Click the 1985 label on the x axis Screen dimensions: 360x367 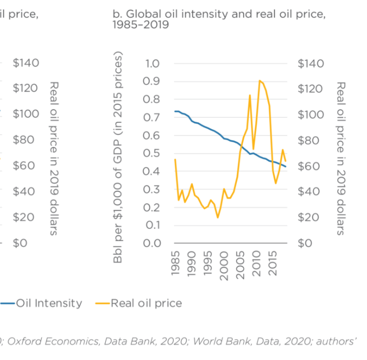click(x=175, y=262)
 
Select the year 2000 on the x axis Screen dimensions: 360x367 click(x=224, y=262)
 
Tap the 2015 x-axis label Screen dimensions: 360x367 click(x=273, y=262)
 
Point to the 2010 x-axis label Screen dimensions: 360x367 click(x=256, y=262)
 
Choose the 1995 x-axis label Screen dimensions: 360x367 click(x=207, y=262)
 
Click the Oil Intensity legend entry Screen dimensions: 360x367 click(x=49, y=303)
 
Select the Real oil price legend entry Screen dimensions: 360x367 click(x=146, y=303)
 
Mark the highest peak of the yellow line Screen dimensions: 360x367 click(x=260, y=81)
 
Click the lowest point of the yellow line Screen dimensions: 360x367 click(x=217, y=217)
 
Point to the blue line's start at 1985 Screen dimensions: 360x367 click(x=175, y=111)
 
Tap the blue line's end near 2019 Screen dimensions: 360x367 click(x=286, y=167)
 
